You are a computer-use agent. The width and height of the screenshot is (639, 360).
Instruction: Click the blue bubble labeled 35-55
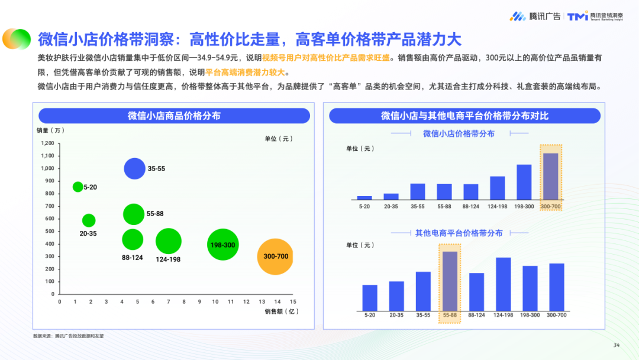(134, 169)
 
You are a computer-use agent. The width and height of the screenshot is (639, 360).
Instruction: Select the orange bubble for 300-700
(275, 256)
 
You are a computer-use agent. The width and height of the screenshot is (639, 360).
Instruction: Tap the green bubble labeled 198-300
(222, 245)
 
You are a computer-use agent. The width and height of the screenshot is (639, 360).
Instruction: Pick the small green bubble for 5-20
(78, 187)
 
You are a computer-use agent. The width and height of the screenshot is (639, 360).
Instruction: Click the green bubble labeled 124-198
(168, 241)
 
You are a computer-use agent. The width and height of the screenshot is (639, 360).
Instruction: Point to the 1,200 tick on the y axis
(47, 143)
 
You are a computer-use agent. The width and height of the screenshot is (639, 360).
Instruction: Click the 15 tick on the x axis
(293, 301)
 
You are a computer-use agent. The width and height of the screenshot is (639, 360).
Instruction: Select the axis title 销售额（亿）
(280, 311)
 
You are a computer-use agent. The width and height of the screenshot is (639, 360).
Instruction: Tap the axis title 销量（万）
(50, 130)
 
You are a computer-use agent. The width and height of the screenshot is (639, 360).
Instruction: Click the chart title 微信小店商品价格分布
(174, 116)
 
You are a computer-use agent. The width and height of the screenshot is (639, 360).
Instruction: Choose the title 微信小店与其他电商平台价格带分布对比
(464, 116)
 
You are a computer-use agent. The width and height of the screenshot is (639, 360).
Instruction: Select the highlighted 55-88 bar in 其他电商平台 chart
(450, 281)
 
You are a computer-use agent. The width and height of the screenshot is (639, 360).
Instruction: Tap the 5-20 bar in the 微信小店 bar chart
(364, 197)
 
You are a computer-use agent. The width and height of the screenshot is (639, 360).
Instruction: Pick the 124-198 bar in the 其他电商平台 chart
(503, 284)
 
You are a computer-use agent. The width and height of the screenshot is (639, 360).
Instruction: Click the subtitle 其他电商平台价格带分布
(459, 233)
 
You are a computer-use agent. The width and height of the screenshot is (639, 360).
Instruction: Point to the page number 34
(616, 345)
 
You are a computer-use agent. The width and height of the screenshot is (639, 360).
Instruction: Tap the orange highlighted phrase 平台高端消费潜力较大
(245, 72)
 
